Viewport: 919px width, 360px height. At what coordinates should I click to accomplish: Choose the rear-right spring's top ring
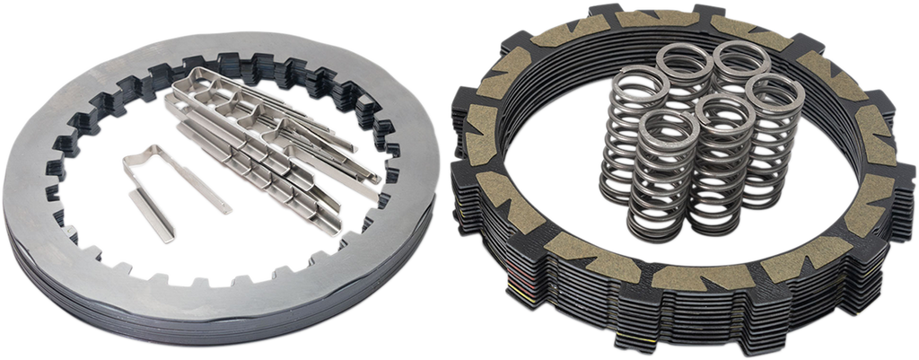740,54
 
